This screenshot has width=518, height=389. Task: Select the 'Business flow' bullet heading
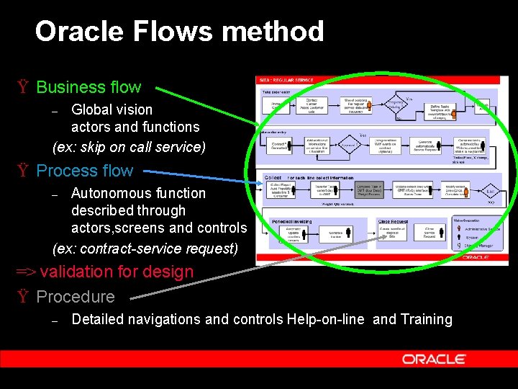click(88, 87)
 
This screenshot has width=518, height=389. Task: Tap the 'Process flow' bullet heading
click(84, 171)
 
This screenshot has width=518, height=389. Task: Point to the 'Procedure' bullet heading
click(76, 297)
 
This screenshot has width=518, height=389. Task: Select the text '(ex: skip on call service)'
click(129, 146)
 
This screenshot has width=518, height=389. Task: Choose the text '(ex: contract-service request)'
click(145, 249)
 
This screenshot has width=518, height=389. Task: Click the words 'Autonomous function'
click(138, 193)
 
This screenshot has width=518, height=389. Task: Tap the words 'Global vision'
click(112, 109)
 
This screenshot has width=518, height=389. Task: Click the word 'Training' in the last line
click(424, 319)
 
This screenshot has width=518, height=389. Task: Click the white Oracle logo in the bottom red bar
click(434, 359)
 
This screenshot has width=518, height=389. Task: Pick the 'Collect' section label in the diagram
click(273, 177)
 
